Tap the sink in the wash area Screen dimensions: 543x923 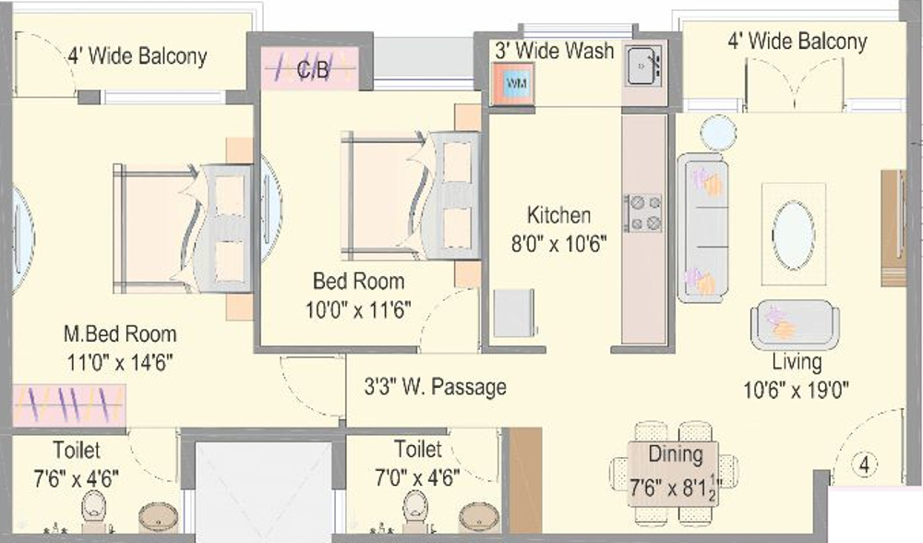click(x=643, y=66)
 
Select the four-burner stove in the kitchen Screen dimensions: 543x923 click(x=643, y=212)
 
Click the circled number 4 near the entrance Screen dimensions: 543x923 click(x=865, y=465)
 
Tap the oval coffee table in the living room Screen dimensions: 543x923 click(x=793, y=235)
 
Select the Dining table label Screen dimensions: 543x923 click(x=675, y=453)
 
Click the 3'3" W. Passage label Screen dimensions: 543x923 click(x=435, y=386)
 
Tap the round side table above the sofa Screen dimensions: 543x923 click(x=718, y=133)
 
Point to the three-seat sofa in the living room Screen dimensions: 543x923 click(x=702, y=227)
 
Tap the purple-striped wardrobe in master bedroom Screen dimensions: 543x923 click(x=69, y=404)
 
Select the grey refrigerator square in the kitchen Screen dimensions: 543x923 click(x=514, y=313)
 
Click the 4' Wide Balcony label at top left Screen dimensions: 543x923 click(x=137, y=56)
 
